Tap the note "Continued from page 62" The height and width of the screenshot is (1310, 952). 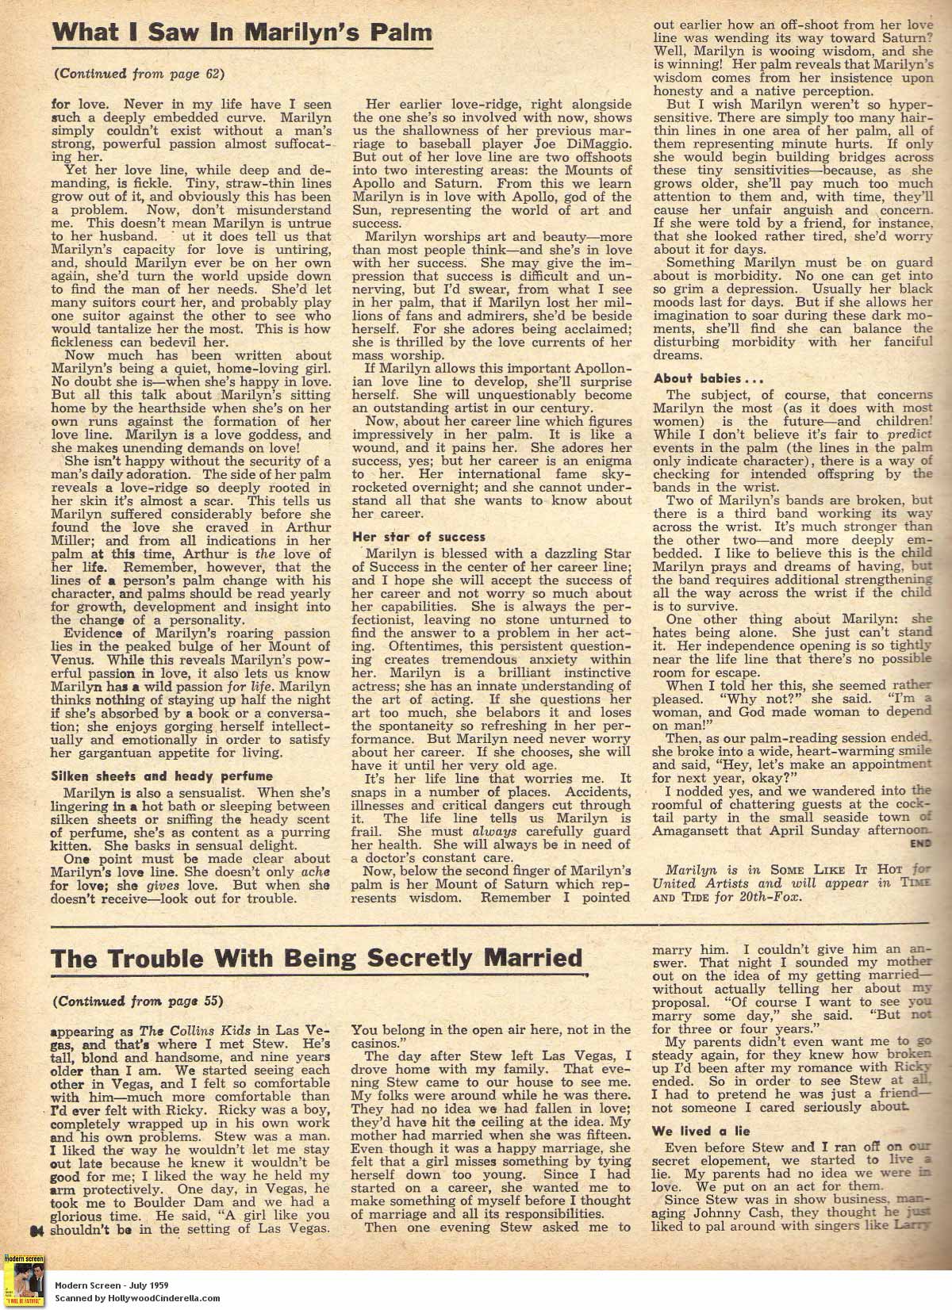[139, 74]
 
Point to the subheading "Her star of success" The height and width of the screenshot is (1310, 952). [419, 536]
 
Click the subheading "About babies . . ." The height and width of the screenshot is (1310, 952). [697, 378]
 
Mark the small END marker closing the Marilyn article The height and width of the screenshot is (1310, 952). [920, 843]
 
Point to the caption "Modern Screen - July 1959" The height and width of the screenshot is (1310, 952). [112, 1285]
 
